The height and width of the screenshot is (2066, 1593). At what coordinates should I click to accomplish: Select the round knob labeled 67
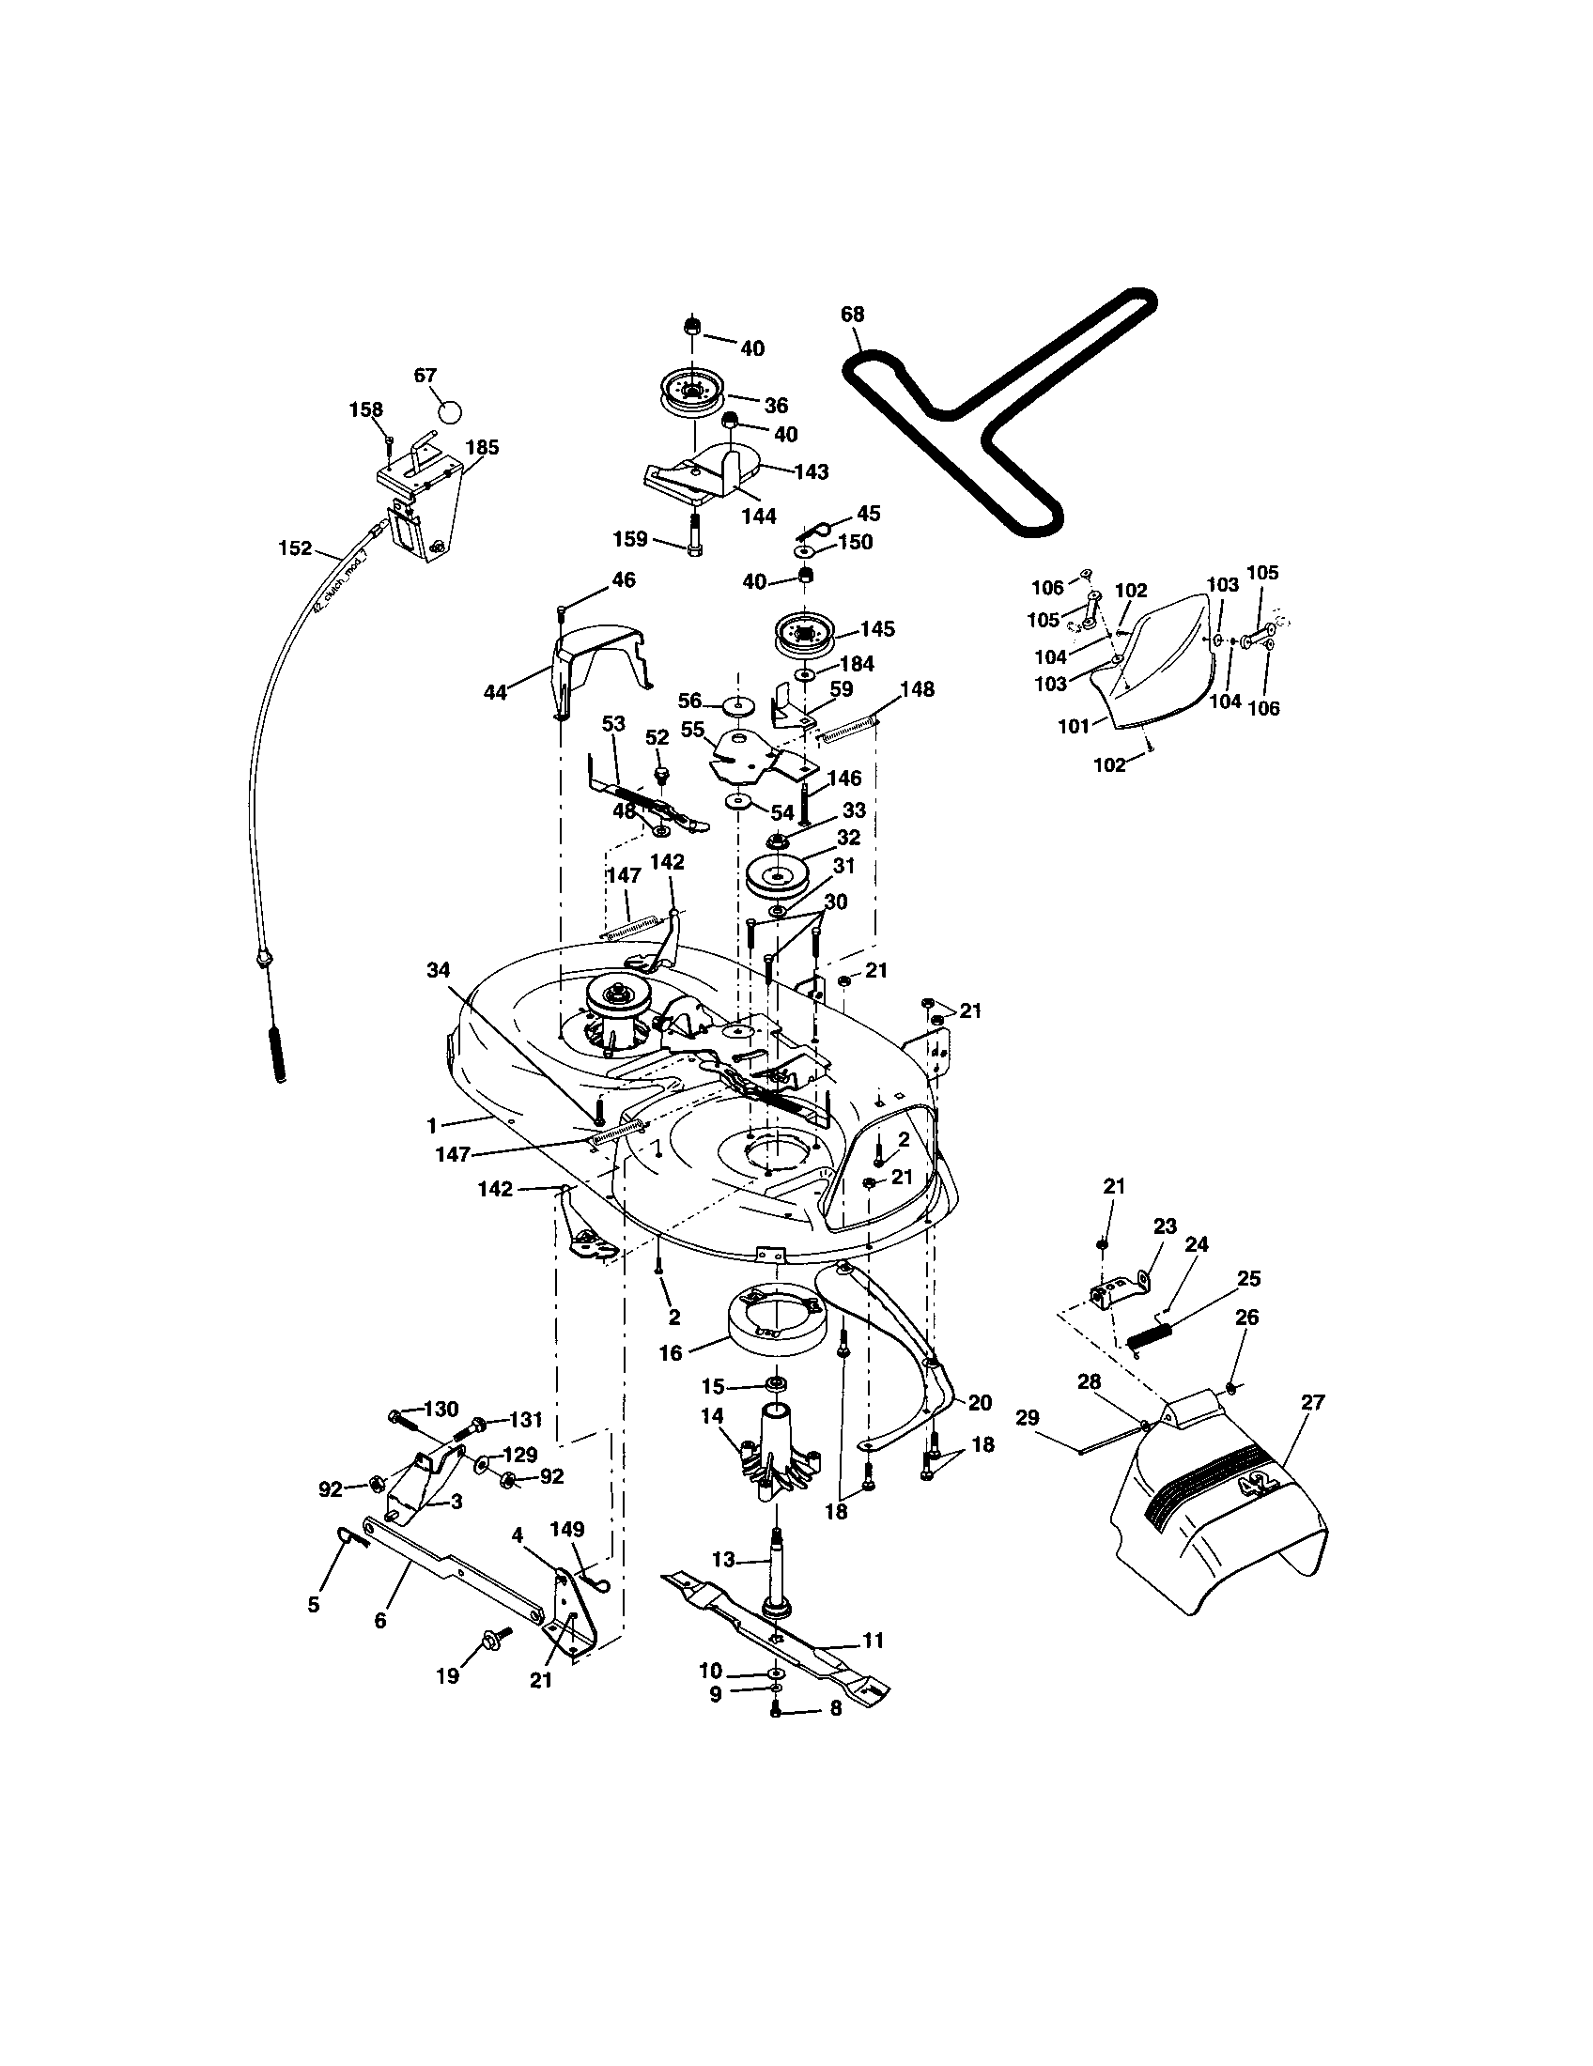pyautogui.click(x=451, y=412)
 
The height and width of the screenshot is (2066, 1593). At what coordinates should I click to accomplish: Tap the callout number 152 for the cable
pyautogui.click(x=295, y=547)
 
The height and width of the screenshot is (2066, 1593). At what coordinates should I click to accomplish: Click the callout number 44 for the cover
pyautogui.click(x=495, y=692)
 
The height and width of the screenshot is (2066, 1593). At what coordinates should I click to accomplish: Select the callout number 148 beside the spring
pyautogui.click(x=917, y=689)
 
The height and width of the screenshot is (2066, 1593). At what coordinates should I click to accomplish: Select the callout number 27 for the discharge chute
pyautogui.click(x=1312, y=1403)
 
